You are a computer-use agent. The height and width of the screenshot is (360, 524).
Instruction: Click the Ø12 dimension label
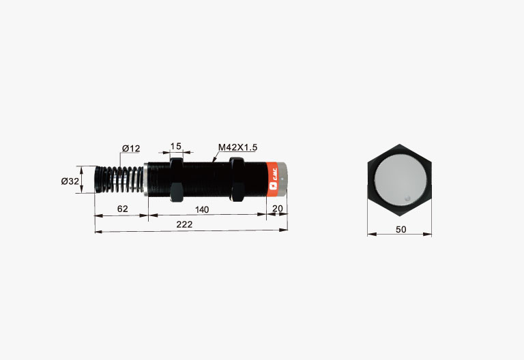tap(131, 148)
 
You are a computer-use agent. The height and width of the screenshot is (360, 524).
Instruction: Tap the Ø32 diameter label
tap(70, 181)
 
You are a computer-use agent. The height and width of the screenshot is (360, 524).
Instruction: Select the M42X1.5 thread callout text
tap(237, 147)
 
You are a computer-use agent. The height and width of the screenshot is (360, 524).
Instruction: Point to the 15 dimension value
tap(176, 147)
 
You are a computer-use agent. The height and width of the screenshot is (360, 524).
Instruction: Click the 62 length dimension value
tap(123, 209)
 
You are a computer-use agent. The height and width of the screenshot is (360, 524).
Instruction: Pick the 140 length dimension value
tap(202, 210)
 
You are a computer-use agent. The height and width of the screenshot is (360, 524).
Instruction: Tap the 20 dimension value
tap(278, 209)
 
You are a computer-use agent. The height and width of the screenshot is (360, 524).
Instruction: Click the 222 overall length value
tap(184, 224)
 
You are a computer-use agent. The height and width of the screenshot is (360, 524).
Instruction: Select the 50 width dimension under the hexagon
tap(401, 229)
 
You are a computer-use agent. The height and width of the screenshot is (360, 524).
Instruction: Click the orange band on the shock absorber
tap(273, 180)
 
